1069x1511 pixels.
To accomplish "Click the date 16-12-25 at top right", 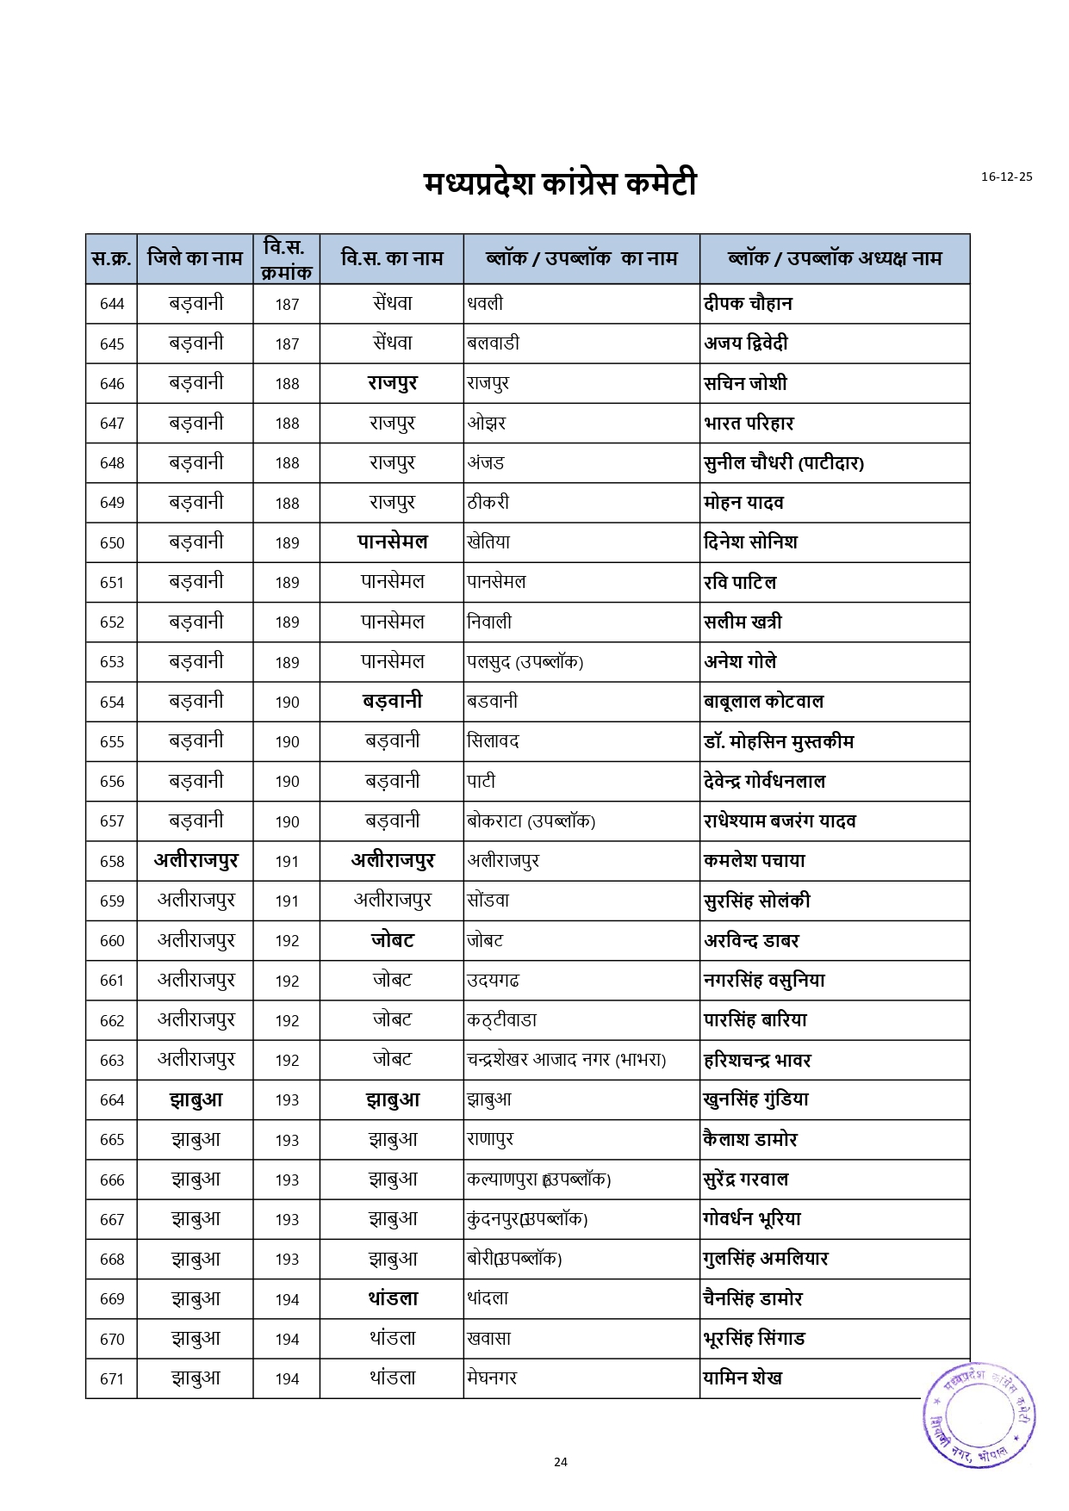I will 1006,176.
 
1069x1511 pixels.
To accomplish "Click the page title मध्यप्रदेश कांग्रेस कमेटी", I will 560,183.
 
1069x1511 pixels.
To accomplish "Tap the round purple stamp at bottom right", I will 979,1415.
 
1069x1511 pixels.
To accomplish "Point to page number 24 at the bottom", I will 561,1461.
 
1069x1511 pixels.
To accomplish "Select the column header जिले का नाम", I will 195,258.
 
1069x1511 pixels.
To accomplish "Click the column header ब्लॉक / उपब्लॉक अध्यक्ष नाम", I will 834,258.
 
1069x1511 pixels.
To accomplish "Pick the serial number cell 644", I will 112,304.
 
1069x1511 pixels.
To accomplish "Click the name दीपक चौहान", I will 748,303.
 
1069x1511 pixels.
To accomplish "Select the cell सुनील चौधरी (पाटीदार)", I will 783,463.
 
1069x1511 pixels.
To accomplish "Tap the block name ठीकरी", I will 488,502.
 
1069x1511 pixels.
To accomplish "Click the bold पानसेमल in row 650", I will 392,542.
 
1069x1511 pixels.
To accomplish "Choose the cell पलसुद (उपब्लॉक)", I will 525,662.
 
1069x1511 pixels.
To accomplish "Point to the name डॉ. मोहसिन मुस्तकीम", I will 779,741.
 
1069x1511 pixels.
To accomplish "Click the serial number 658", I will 112,861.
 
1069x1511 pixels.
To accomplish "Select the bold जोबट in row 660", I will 392,940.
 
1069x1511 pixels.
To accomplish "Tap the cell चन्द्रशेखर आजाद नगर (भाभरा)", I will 566,1060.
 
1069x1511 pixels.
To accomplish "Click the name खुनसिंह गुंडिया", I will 755,1099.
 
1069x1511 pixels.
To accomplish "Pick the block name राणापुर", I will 490,1139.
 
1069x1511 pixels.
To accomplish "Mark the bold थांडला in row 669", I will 392,1298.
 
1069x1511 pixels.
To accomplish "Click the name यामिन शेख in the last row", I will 743,1378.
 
